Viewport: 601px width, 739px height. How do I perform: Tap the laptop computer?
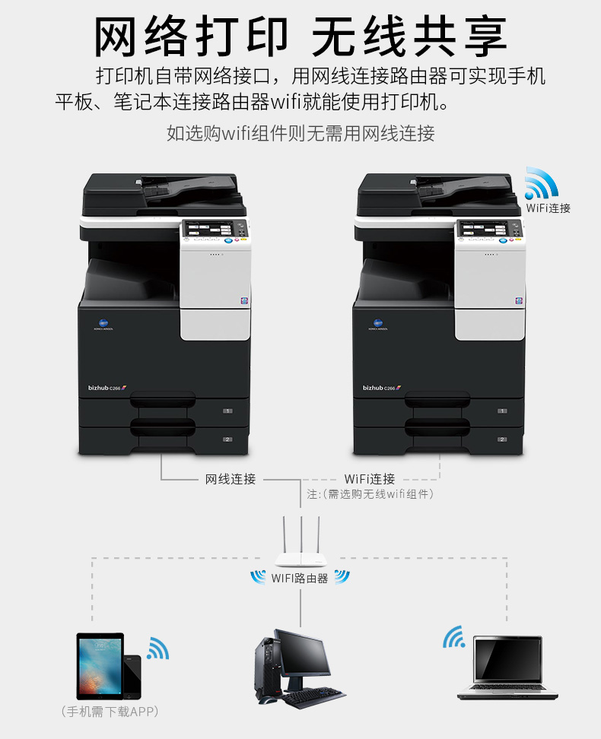point(507,668)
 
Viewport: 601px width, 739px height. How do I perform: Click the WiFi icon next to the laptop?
point(454,636)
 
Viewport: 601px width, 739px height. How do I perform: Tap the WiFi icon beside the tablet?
point(157,649)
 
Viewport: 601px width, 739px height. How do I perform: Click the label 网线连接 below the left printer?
point(231,479)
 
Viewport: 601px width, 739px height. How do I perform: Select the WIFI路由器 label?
point(300,579)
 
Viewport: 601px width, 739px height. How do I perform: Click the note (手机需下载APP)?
point(110,711)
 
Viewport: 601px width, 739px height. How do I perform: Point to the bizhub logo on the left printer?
point(107,388)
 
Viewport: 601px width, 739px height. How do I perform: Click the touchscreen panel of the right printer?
point(484,230)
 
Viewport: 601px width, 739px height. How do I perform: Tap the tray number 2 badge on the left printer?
point(227,439)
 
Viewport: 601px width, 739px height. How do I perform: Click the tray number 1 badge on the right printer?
point(502,411)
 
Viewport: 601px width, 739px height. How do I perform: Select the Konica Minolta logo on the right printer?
point(378,325)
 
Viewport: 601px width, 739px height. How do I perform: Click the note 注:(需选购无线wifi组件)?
point(370,494)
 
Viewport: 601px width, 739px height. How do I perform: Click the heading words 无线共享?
point(409,36)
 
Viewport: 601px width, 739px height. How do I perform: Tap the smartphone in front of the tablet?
point(132,677)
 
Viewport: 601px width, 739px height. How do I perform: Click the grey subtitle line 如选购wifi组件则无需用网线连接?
point(300,133)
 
